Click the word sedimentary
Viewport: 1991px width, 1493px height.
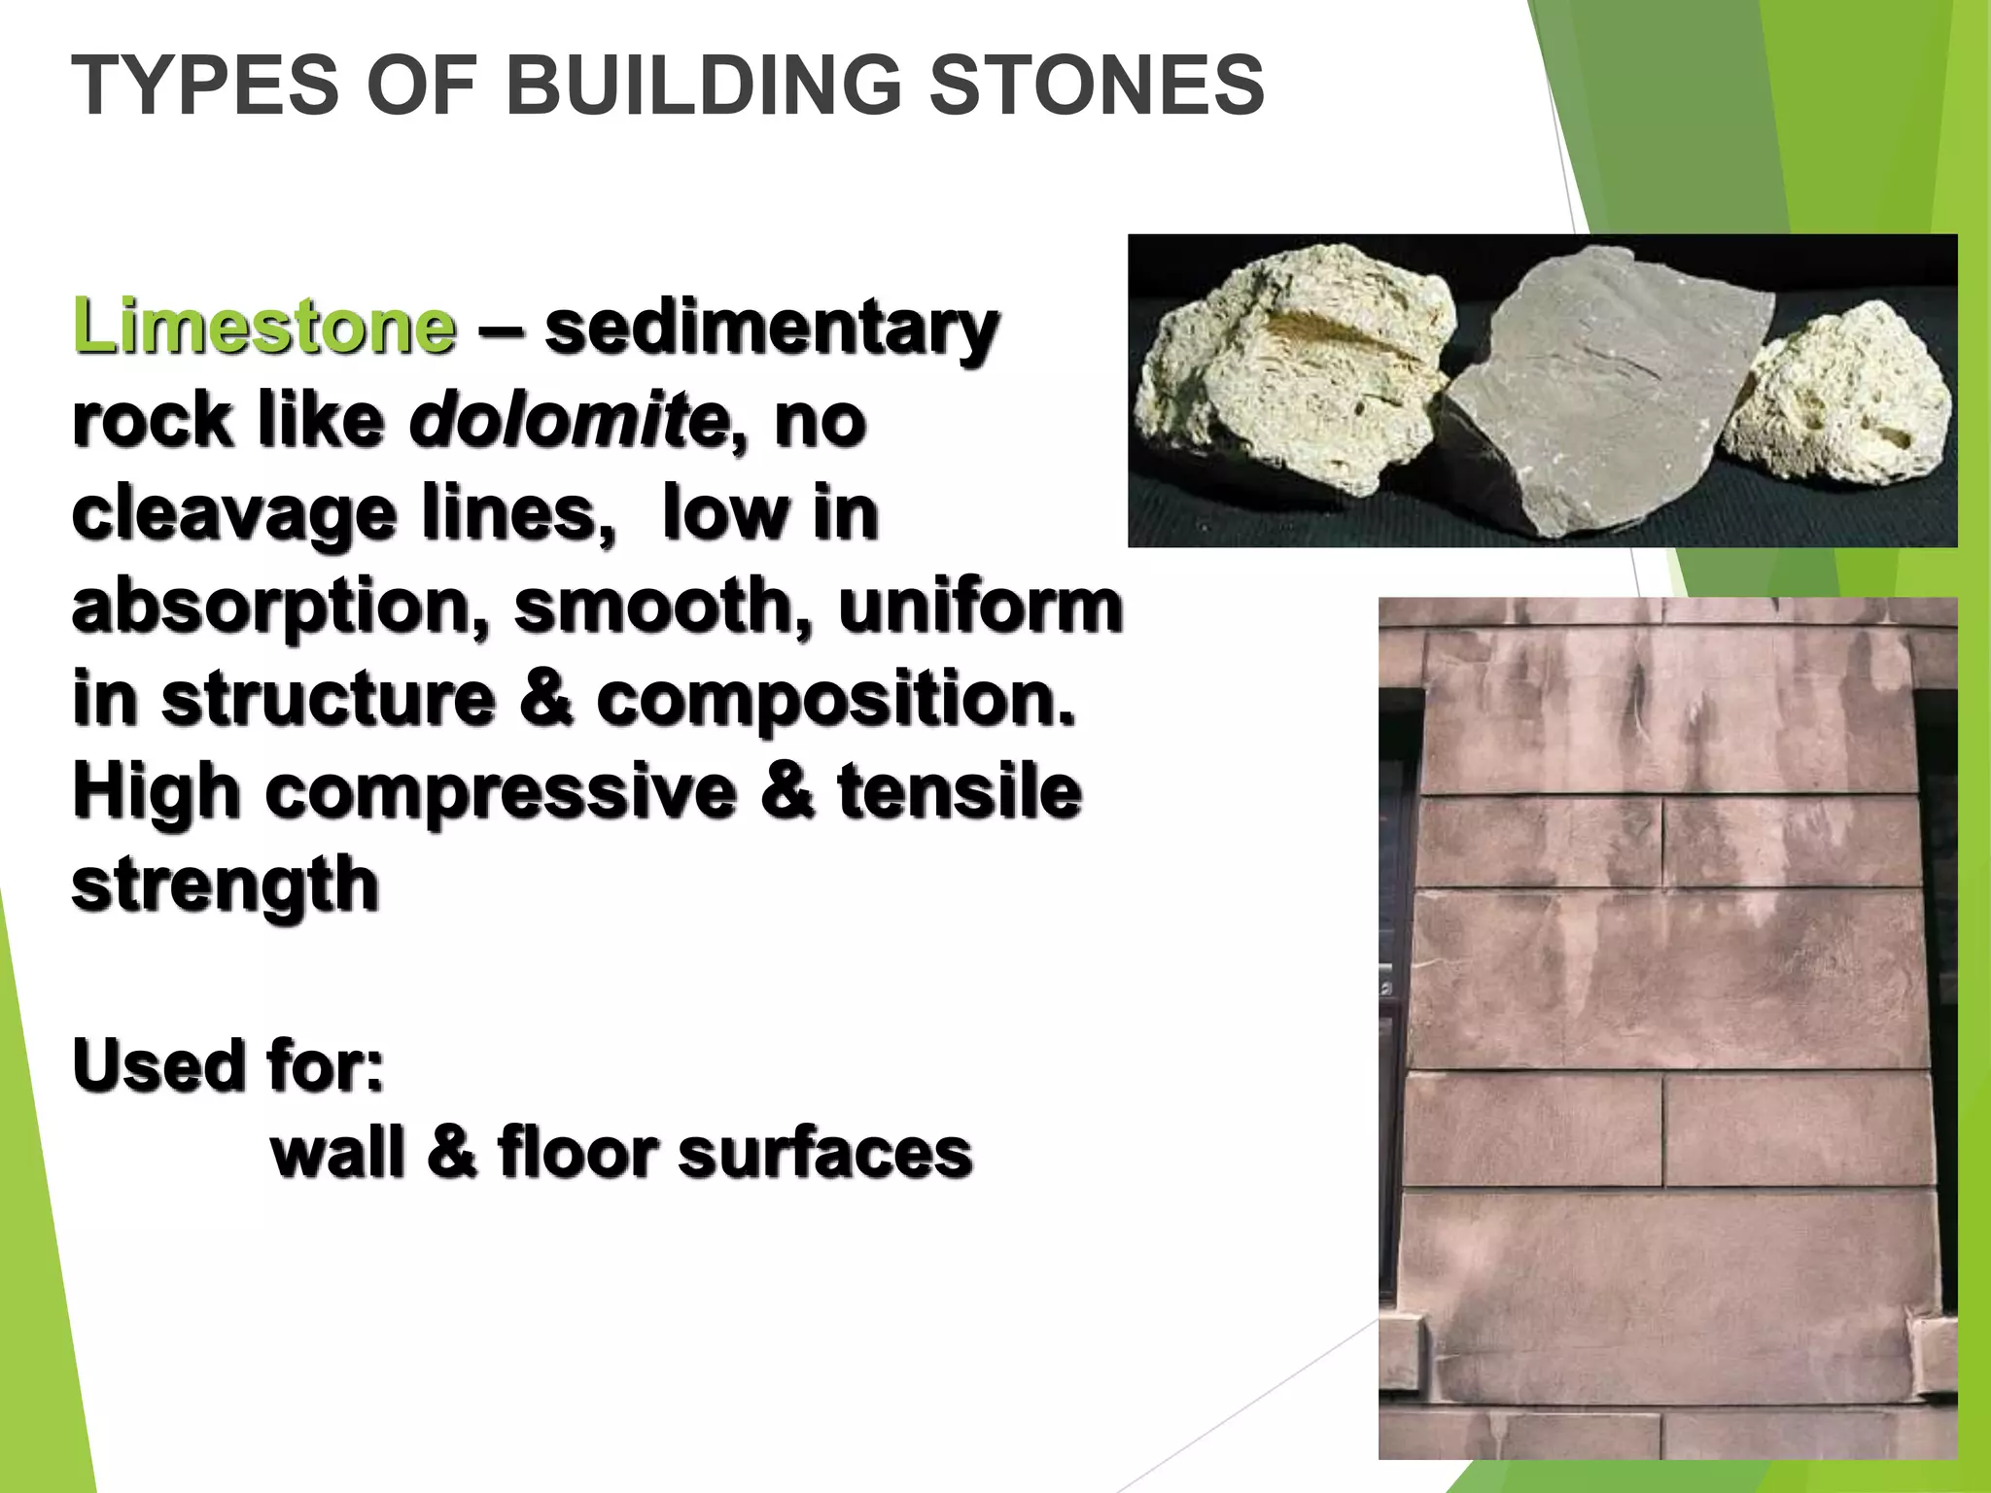tap(770, 329)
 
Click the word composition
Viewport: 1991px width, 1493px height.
tap(836, 700)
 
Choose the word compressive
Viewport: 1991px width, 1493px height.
tap(500, 791)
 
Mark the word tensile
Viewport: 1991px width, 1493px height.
tap(959, 791)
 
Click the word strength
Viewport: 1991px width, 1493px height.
tap(226, 885)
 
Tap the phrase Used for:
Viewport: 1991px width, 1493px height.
tap(228, 1065)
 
